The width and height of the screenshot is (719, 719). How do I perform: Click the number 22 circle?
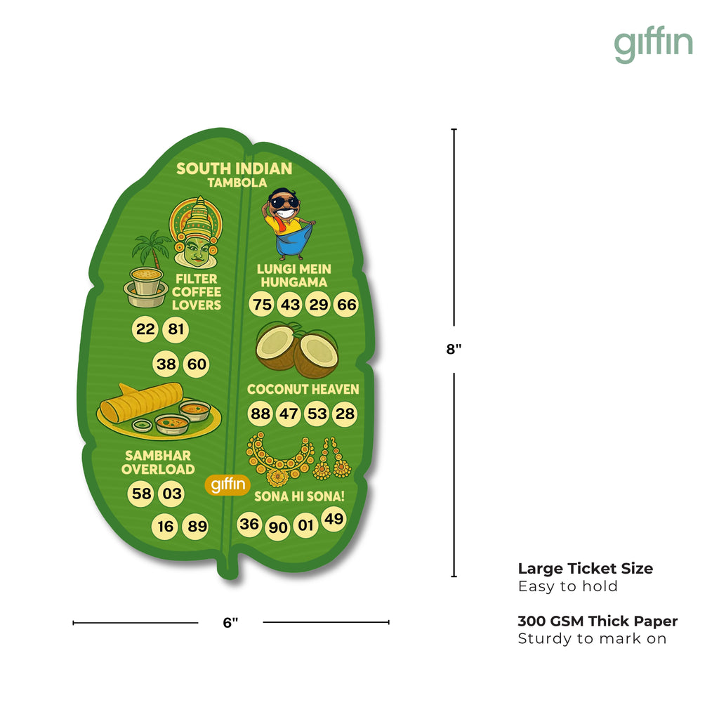[x=145, y=329]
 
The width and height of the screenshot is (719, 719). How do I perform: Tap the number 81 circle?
[x=175, y=329]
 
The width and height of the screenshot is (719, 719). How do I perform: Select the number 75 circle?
[x=262, y=305]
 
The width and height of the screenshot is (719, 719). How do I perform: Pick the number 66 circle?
[x=346, y=305]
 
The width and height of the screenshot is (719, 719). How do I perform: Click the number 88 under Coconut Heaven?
[x=260, y=414]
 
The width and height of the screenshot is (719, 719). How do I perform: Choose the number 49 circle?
[x=334, y=519]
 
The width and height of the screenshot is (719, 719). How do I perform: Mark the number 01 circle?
[x=306, y=525]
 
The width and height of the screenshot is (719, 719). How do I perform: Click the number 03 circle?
[x=172, y=494]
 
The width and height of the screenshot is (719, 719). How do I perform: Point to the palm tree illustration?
[x=151, y=249]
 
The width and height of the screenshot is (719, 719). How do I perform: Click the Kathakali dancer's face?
[x=196, y=249]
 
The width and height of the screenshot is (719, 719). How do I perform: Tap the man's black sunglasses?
[x=285, y=203]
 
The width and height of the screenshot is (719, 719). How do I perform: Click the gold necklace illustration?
[x=281, y=460]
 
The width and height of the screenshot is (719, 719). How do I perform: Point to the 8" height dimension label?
[x=454, y=350]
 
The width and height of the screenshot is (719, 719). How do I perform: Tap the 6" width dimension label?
[x=230, y=622]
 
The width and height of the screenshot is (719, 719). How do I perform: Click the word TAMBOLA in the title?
[x=237, y=183]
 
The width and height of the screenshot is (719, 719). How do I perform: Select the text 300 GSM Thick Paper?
[x=598, y=621]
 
